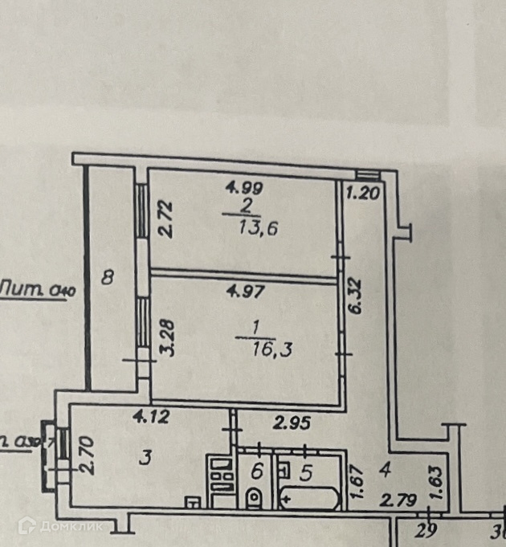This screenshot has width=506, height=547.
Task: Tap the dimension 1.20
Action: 362,193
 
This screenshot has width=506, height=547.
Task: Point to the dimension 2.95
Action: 293,421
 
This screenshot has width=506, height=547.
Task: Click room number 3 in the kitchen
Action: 145,459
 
